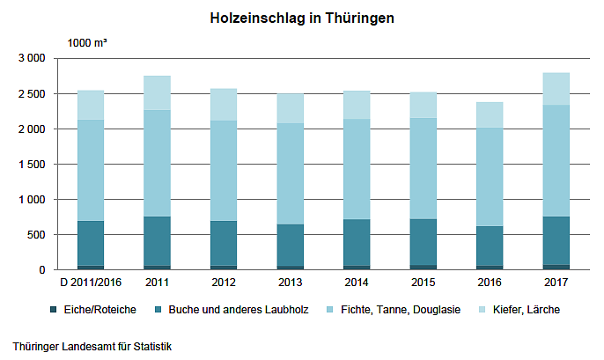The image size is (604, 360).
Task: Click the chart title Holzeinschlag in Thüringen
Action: click(301, 18)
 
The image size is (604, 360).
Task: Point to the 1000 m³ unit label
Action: click(87, 42)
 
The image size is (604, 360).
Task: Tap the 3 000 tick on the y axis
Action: click(31, 58)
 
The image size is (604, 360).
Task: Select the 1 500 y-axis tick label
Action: click(31, 164)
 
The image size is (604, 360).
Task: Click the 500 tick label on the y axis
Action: click(36, 234)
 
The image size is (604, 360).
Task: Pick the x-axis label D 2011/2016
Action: click(91, 283)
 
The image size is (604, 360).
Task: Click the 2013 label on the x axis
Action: click(291, 283)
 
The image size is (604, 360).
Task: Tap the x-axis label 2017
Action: click(556, 283)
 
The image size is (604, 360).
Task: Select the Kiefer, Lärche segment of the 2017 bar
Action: click(556, 89)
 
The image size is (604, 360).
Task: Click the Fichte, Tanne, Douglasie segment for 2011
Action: click(157, 163)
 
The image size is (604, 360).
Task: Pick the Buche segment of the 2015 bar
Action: click(423, 241)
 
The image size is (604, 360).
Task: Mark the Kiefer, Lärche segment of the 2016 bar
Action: click(489, 114)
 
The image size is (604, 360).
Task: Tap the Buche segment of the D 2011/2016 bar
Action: click(91, 242)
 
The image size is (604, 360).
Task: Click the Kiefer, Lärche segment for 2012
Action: click(224, 104)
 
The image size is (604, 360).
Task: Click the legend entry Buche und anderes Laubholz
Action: click(231, 309)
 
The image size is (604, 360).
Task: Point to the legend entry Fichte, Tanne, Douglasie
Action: click(400, 309)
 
